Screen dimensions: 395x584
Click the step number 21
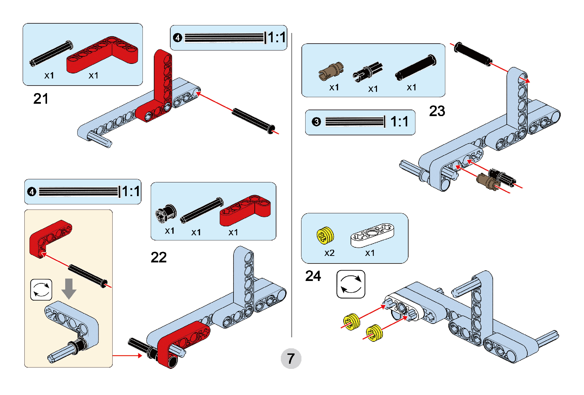pos(41,99)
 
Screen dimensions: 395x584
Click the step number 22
pos(159,257)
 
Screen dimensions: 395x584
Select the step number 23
pos(437,111)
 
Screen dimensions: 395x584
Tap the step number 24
pos(313,276)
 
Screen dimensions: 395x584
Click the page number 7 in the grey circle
pos(291,359)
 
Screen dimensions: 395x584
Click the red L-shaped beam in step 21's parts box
pos(103,55)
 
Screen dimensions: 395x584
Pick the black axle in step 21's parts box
pos(51,53)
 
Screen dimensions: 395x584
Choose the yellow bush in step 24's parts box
pos(325,235)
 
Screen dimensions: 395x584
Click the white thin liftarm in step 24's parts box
pos(372,235)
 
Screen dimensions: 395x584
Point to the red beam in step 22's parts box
pos(244,210)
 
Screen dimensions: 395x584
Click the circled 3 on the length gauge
pos(316,122)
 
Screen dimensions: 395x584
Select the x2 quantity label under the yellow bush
pos(329,253)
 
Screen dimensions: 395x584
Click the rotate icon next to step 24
pos(351,284)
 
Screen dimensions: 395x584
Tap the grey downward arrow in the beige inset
pos(69,288)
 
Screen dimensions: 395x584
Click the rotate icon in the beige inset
pos(41,290)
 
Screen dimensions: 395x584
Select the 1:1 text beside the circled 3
pos(399,122)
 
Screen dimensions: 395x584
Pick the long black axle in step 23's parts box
pos(416,67)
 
